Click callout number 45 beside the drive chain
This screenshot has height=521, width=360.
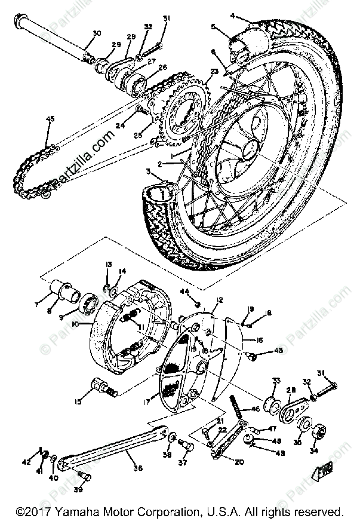pyautogui.click(x=50, y=118)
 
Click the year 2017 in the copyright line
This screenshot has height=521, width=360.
pyautogui.click(x=38, y=512)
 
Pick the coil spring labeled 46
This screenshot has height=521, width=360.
pyautogui.click(x=238, y=410)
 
